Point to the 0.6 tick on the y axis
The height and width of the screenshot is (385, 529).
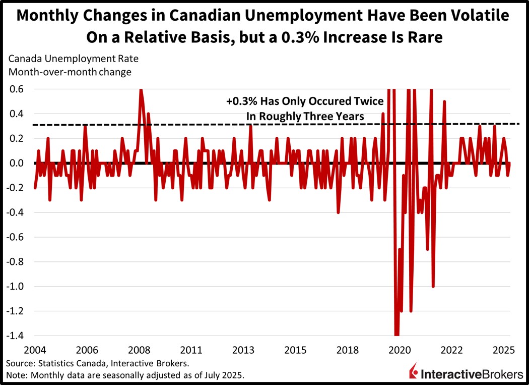[17, 89]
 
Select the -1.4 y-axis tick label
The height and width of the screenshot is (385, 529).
[15, 336]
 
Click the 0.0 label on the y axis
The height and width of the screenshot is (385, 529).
[17, 163]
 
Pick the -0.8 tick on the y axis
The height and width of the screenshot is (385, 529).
[15, 261]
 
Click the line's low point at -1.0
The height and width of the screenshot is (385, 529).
[433, 286]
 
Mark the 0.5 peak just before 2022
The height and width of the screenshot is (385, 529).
[444, 101]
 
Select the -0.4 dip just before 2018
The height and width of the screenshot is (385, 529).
[339, 212]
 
